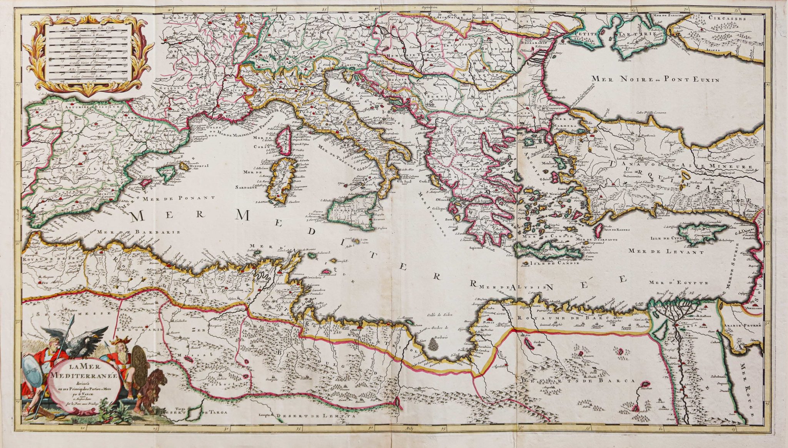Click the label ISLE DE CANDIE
(554, 264)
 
